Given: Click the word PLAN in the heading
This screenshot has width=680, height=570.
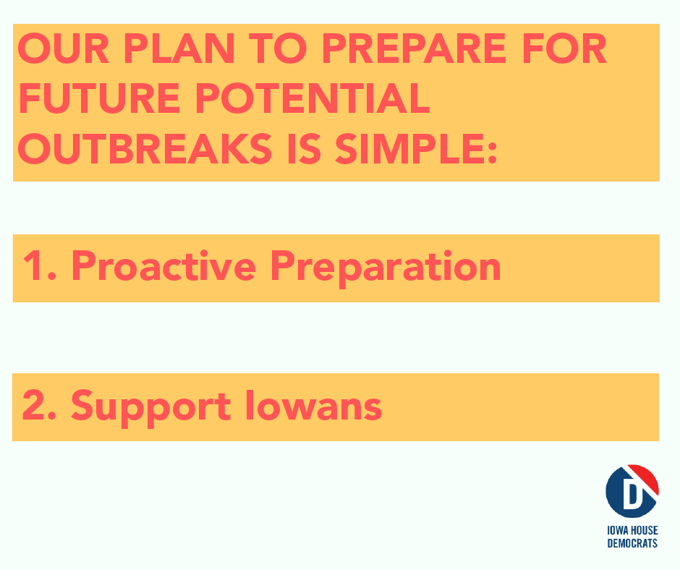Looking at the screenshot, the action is click(179, 48).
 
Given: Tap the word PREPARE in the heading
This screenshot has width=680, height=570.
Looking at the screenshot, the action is click(414, 48).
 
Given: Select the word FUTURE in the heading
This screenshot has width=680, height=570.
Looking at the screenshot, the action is click(99, 98).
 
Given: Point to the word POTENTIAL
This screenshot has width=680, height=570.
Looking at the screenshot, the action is click(313, 98).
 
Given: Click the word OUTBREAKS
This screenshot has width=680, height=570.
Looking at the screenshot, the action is click(145, 148).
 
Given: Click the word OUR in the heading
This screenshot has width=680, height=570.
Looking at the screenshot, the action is click(64, 48).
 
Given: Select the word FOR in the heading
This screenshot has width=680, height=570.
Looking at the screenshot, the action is click(564, 48).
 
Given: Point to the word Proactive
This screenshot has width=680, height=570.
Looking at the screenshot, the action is click(163, 265).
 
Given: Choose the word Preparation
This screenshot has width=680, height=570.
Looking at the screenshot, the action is click(386, 268).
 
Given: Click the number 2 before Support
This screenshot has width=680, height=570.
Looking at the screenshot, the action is click(34, 405).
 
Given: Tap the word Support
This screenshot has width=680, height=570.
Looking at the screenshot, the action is click(151, 408).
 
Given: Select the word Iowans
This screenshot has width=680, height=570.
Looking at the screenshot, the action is click(313, 405).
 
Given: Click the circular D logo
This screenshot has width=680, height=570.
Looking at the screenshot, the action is click(632, 491).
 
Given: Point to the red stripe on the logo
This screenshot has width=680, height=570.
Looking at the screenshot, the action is click(644, 478).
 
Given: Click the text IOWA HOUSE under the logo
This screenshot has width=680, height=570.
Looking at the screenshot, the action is click(632, 530).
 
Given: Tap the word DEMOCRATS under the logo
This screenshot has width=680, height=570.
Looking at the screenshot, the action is click(632, 543).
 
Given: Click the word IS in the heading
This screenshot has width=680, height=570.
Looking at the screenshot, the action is click(304, 148).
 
